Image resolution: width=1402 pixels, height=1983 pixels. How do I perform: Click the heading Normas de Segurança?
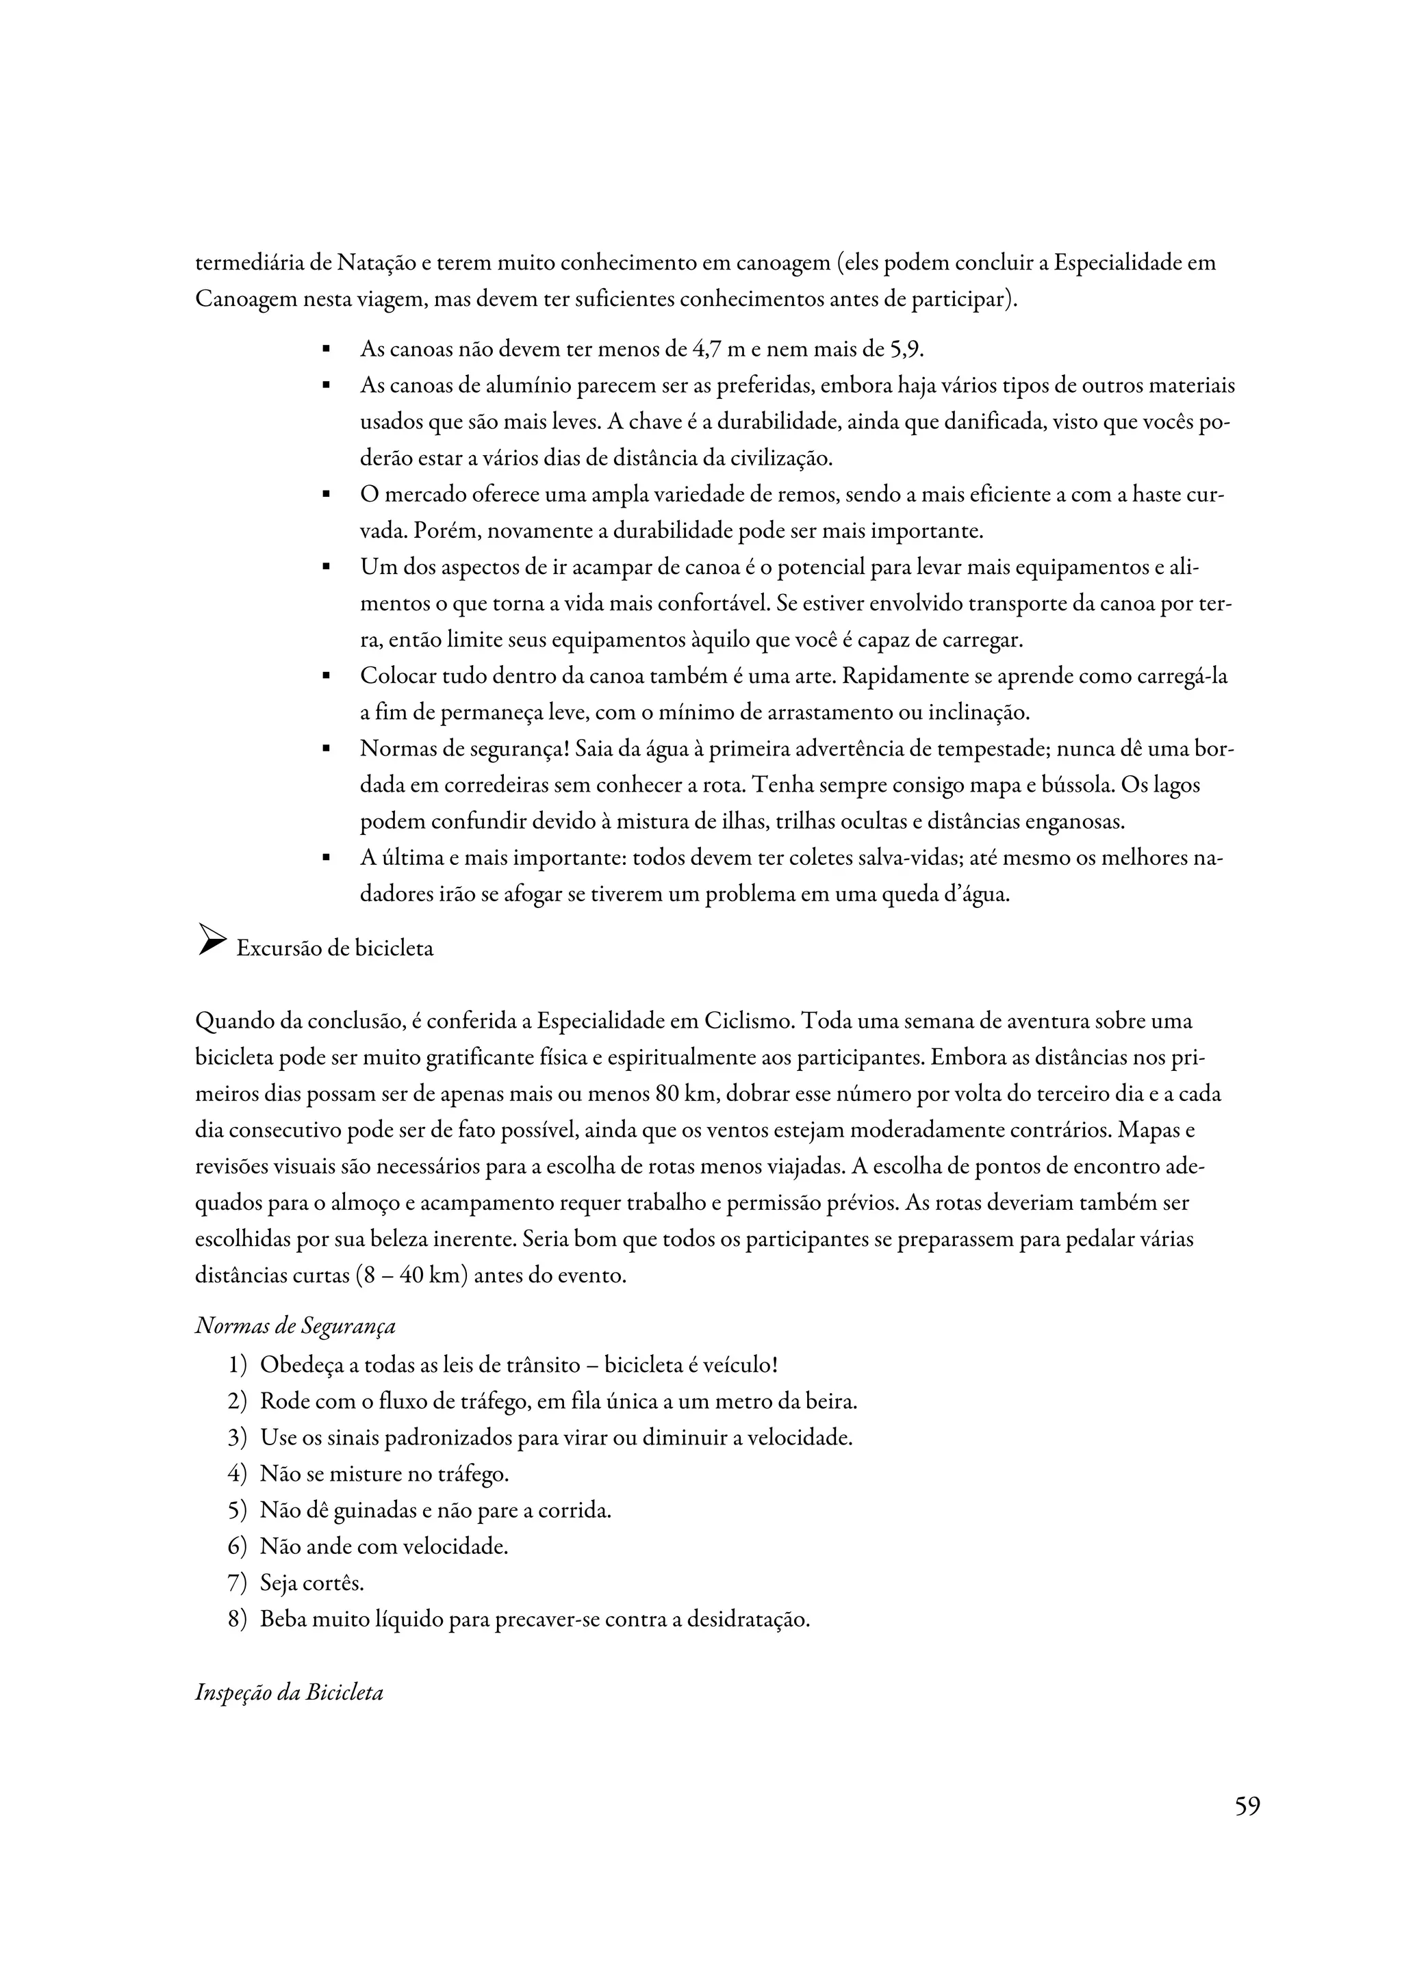296,1325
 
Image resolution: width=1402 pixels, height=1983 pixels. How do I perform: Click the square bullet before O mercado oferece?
327,495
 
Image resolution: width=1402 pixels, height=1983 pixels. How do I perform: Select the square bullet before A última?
327,859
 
